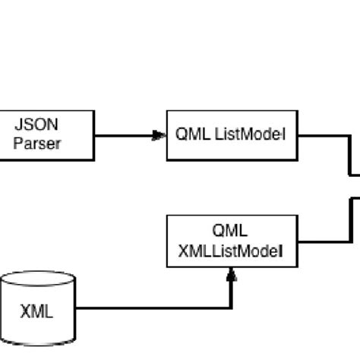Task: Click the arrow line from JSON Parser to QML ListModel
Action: point(122,137)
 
